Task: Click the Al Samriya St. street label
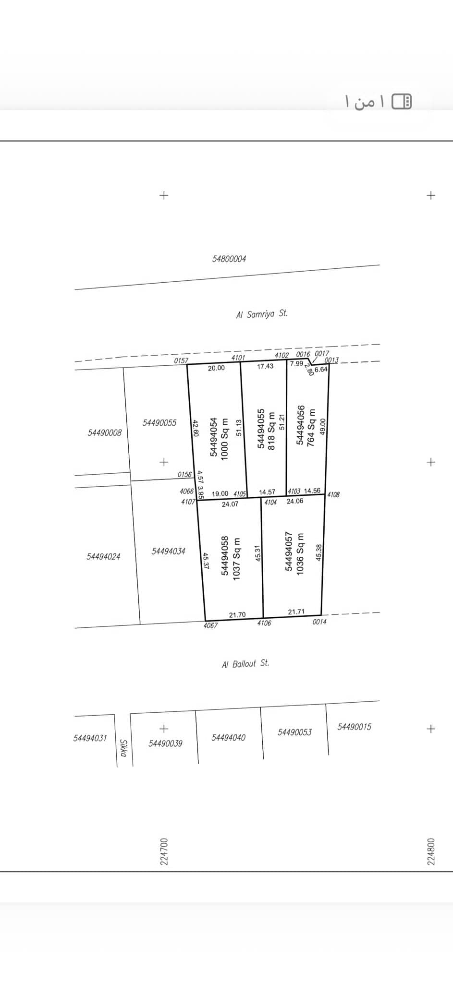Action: click(x=262, y=314)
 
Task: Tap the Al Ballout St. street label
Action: click(x=245, y=664)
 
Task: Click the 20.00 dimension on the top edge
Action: click(x=216, y=368)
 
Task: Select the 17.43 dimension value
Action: click(x=265, y=366)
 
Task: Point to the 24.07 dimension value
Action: click(x=230, y=504)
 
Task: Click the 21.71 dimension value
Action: click(x=296, y=611)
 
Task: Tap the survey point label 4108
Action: click(x=333, y=494)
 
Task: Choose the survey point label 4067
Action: click(x=210, y=625)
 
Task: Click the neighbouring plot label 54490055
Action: click(x=159, y=423)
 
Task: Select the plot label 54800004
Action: click(x=229, y=259)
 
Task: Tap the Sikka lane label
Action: click(x=124, y=748)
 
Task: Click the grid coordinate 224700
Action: click(x=164, y=851)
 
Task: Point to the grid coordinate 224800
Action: click(x=431, y=851)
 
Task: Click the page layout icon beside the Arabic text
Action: click(x=402, y=101)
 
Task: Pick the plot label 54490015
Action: click(x=355, y=727)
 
